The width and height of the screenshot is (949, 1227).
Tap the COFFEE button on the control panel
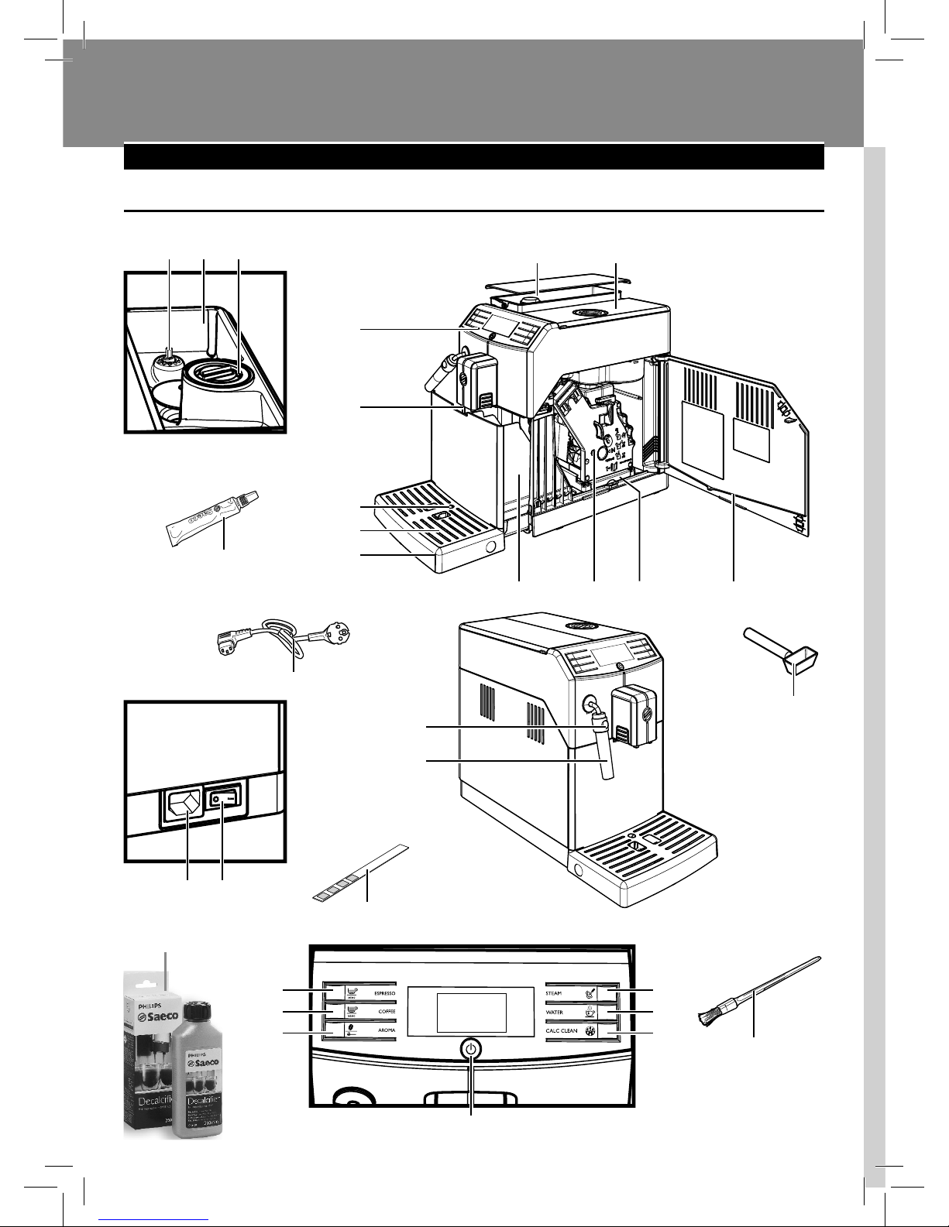point(365,1011)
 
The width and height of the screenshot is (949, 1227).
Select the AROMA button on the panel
point(365,1031)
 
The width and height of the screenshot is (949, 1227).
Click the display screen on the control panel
point(471,1013)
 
